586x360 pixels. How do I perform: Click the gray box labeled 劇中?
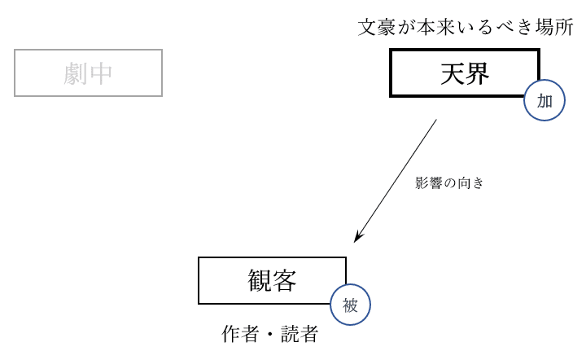(88, 73)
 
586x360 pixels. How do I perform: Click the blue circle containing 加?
(544, 100)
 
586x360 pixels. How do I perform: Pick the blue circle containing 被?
(350, 306)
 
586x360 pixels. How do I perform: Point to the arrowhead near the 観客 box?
(356, 239)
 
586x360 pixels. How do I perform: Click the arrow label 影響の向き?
(449, 183)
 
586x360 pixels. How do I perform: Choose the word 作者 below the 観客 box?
(240, 334)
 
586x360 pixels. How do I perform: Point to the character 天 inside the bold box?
(453, 74)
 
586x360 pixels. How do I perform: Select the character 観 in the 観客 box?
(260, 280)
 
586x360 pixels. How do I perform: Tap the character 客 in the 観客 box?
(284, 280)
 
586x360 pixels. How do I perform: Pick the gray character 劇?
(76, 73)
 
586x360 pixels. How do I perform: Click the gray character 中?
(101, 73)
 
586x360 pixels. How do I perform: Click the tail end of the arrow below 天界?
(436, 121)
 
